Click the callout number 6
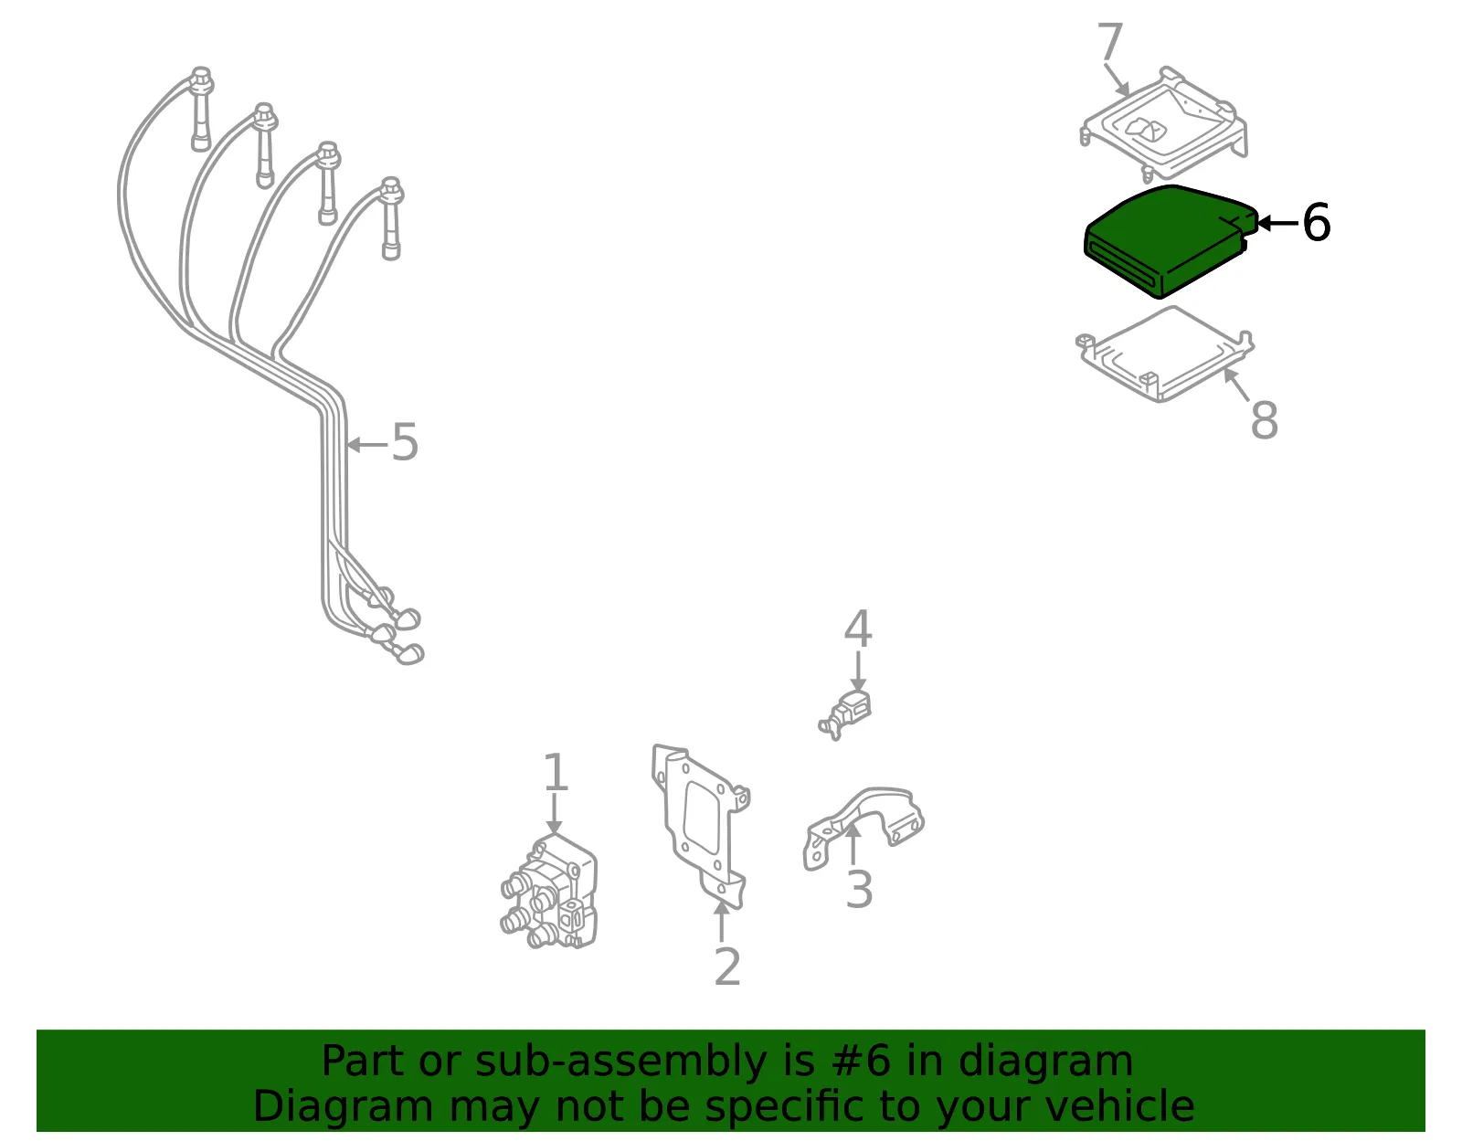click(x=1316, y=223)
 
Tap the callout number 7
click(x=1110, y=42)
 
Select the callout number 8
click(x=1265, y=420)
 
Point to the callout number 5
click(x=405, y=442)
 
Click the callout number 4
click(x=858, y=629)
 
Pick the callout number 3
click(x=859, y=889)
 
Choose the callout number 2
click(x=727, y=967)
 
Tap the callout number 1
click(x=555, y=772)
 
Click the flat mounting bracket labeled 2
click(x=700, y=826)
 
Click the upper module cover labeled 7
click(x=1164, y=124)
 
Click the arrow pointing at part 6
click(x=1277, y=223)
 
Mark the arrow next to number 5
click(x=367, y=444)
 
